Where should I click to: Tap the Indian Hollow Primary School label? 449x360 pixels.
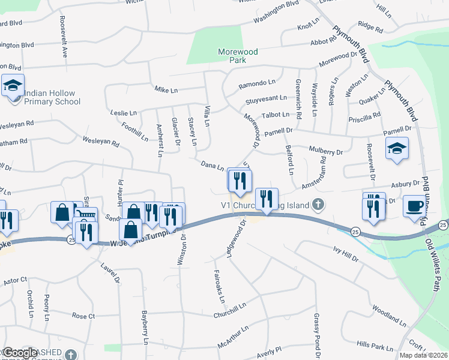pos(52,97)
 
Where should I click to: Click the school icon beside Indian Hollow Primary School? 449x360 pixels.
pos(12,86)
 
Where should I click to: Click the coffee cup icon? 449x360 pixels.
pos(413,205)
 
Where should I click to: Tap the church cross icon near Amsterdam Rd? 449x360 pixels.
pos(319,205)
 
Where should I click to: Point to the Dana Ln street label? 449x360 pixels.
pos(212,165)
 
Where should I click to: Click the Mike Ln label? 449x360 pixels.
pos(163,88)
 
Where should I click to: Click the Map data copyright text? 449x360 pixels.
pos(423,355)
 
